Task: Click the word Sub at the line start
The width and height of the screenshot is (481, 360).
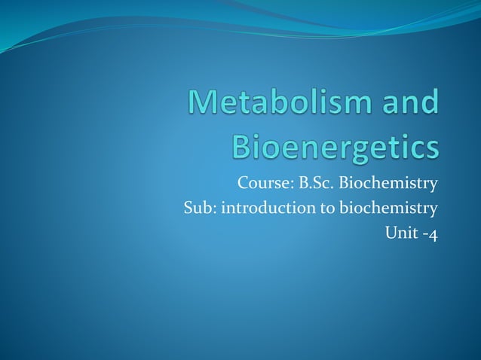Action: pyautogui.click(x=198, y=208)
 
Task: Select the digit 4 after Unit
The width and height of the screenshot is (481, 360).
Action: pyautogui.click(x=433, y=234)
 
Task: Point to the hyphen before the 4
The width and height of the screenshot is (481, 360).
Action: pyautogui.click(x=424, y=234)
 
